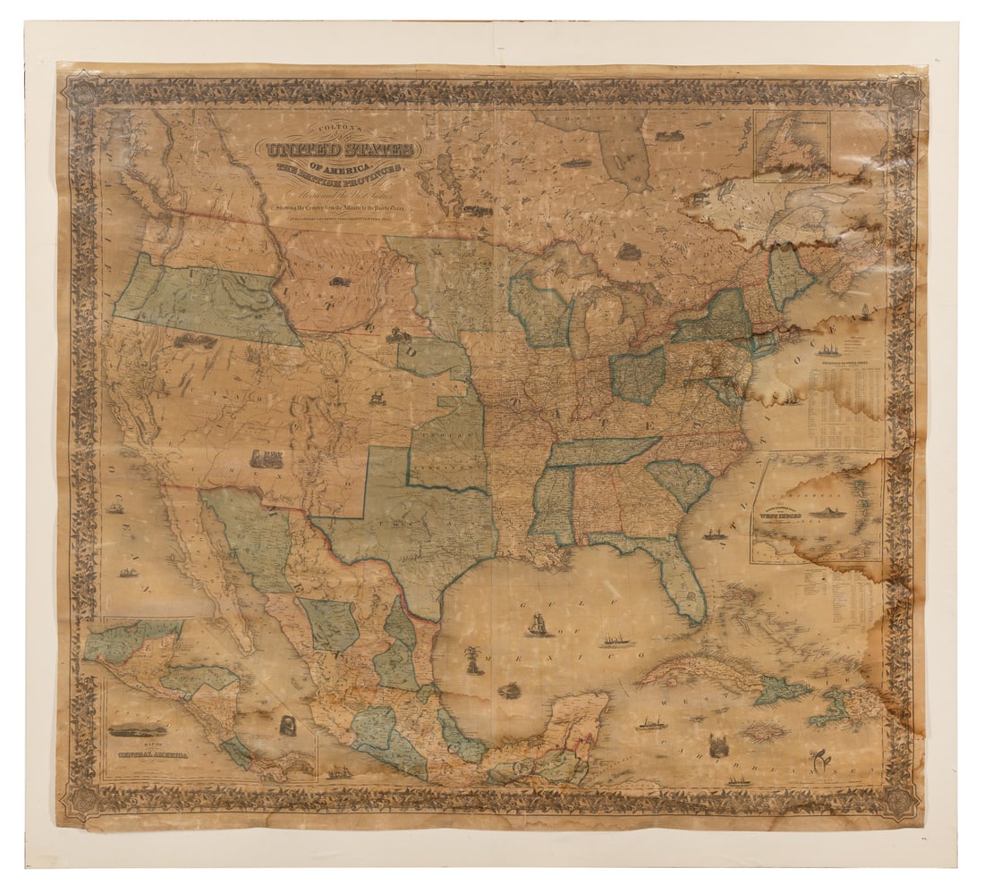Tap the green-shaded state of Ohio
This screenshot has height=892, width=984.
[638, 374]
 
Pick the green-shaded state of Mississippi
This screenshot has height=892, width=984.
[554, 505]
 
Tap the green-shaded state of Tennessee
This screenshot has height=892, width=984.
[603, 451]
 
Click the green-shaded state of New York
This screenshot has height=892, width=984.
[717, 317]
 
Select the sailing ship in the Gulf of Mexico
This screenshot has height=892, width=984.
[537, 626]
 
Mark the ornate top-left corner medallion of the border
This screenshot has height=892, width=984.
[84, 89]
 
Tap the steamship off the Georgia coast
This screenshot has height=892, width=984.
[714, 534]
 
